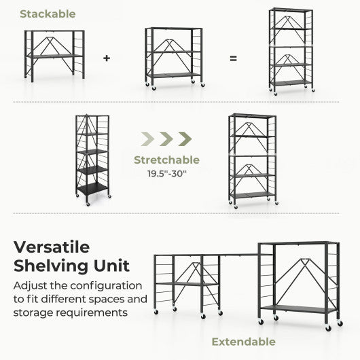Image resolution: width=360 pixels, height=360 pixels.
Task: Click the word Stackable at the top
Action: [48, 14]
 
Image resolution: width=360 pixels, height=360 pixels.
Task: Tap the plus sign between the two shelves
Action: [107, 58]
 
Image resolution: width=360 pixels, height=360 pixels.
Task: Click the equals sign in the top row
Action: [233, 58]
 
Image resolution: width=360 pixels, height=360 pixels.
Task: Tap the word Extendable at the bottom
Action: [242, 341]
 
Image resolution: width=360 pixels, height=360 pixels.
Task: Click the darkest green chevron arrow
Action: [184, 139]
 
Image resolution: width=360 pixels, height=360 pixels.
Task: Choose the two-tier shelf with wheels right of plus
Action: [173, 57]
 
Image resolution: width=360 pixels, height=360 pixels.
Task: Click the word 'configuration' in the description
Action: [108, 286]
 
